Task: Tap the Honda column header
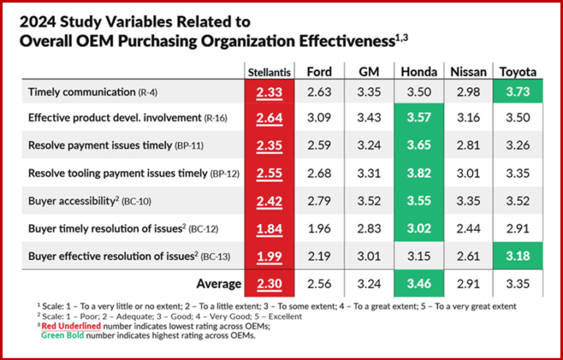(x=419, y=72)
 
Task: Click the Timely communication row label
(x=81, y=92)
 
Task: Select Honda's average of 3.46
(x=419, y=283)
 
